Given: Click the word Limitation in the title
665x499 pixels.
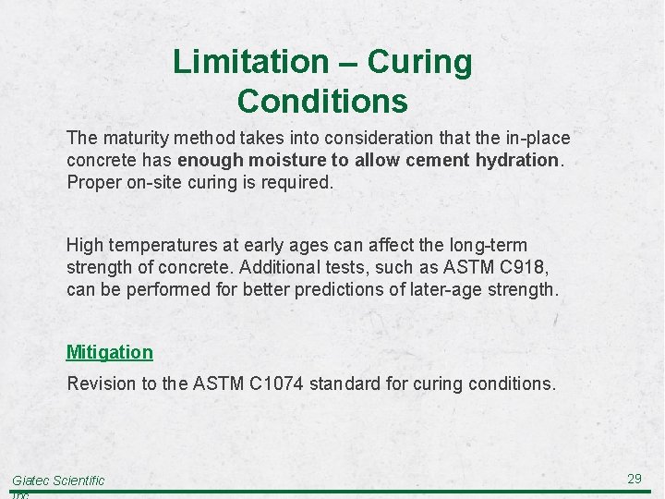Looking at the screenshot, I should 249,62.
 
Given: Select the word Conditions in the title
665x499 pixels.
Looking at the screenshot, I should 322,100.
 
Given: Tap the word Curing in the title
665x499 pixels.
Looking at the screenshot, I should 419,62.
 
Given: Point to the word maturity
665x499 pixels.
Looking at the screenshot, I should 134,138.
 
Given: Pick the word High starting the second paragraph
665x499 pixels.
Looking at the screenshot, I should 85,245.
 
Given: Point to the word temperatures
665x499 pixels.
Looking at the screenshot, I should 163,245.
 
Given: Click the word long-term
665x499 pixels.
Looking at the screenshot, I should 487,245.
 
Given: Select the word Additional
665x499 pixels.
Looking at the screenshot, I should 279,267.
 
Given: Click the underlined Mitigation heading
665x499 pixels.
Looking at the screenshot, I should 110,352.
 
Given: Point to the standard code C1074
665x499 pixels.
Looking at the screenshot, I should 280,383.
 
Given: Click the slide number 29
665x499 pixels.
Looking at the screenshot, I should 635,479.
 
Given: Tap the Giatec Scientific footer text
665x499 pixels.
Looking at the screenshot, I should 58,481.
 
